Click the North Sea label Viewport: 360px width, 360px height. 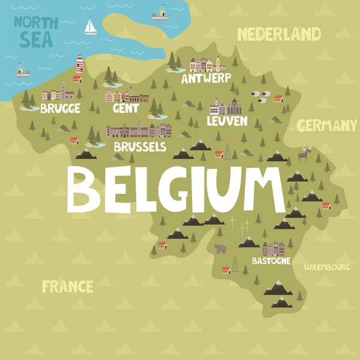pyautogui.click(x=36, y=32)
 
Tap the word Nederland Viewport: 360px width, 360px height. pyautogui.click(x=279, y=34)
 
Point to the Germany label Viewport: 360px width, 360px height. pyautogui.click(x=327, y=125)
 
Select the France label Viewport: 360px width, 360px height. pyautogui.click(x=68, y=286)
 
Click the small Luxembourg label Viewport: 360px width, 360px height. pyautogui.click(x=326, y=267)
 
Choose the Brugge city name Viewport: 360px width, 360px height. pyautogui.click(x=60, y=109)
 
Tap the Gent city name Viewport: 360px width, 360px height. pyautogui.click(x=126, y=109)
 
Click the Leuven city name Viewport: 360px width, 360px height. pyautogui.click(x=227, y=121)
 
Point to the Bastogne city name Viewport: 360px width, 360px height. pyautogui.click(x=271, y=261)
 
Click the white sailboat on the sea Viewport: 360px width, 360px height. pyautogui.click(x=91, y=26)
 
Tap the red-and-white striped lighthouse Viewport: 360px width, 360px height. pyautogui.click(x=79, y=64)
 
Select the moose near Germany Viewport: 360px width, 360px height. pyautogui.click(x=305, y=155)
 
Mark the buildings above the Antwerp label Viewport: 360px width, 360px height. pyautogui.click(x=208, y=64)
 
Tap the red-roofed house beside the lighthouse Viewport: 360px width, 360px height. pyautogui.click(x=77, y=79)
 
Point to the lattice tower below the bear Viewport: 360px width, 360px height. pyautogui.click(x=235, y=263)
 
